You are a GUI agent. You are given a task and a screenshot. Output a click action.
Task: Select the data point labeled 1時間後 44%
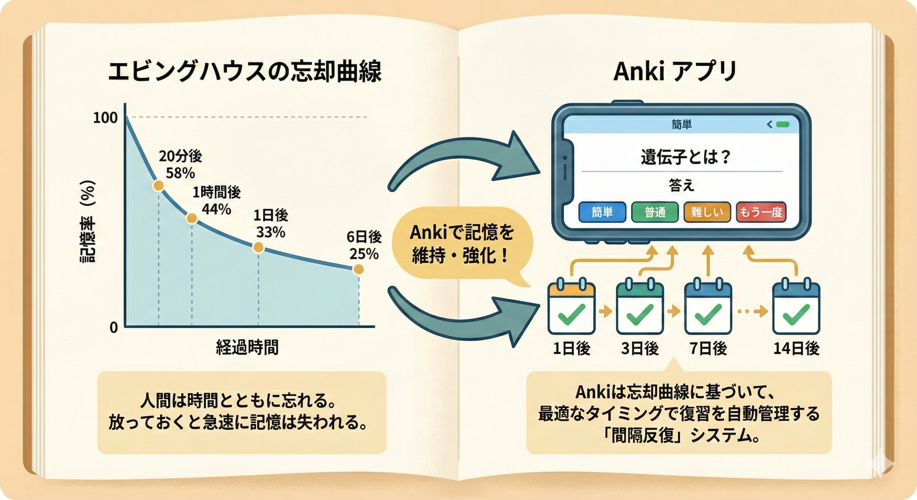coord(191,218)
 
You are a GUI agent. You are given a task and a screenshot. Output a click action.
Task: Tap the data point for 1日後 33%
coord(258,247)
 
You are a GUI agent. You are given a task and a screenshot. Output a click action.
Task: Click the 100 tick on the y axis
coord(106,118)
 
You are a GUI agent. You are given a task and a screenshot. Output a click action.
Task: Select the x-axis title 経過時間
coord(247,347)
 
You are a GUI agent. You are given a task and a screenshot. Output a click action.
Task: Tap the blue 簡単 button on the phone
coord(602,212)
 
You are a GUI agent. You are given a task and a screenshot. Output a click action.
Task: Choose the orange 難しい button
coord(707,212)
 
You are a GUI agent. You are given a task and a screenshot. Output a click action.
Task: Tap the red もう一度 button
coord(761,212)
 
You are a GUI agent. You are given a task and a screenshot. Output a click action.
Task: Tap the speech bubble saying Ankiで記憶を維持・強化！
coord(462,244)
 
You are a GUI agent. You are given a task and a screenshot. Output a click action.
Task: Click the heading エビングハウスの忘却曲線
coord(245,72)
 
